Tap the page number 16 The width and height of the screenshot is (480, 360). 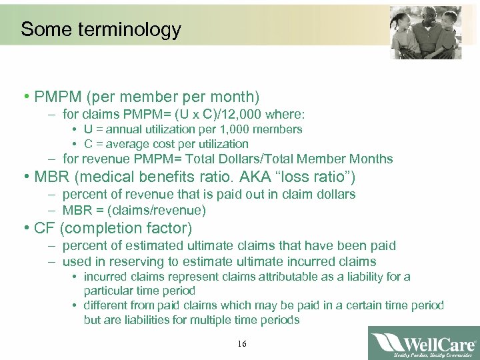pos(241,343)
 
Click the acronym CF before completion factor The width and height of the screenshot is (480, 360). pos(44,229)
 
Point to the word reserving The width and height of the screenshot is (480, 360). pos(137,261)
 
